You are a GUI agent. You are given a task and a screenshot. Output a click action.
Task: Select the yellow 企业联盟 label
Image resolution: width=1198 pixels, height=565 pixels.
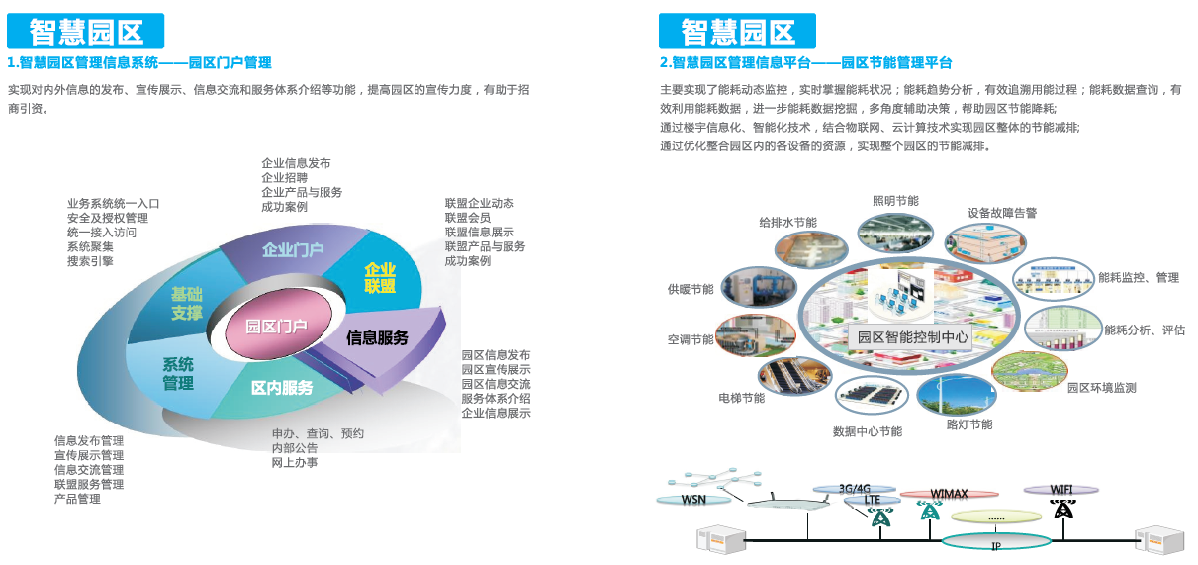380,278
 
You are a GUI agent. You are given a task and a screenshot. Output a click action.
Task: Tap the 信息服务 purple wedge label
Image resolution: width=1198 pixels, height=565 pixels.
377,338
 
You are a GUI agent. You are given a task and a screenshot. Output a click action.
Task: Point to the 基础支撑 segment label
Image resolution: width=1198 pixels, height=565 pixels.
187,303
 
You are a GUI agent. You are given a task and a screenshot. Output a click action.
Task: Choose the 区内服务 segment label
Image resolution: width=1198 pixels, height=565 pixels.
282,388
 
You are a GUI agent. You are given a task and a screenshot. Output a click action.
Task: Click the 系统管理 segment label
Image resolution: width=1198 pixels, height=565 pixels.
178,374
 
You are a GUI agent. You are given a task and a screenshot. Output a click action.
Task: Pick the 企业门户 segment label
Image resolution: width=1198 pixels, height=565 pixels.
293,250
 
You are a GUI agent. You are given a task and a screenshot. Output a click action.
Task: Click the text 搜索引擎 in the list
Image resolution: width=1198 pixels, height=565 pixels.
90,261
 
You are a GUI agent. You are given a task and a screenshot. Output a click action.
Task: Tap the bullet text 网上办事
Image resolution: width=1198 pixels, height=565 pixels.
295,463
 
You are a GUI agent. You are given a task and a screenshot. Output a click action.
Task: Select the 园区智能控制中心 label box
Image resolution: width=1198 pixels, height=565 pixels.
912,337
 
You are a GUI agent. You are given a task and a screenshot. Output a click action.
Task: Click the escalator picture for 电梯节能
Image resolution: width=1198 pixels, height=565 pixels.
795,376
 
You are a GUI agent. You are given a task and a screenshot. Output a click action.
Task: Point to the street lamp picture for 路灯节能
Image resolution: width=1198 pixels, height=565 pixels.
956,396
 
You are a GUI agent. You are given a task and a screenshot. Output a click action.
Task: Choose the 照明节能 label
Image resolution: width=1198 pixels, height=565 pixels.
896,201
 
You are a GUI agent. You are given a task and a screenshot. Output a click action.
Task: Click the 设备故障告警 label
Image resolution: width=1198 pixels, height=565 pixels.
1002,213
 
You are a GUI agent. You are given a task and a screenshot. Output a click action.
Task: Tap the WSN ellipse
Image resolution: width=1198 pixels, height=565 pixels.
693,500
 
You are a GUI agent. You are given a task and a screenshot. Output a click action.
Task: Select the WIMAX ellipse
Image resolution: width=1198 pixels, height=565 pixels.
950,494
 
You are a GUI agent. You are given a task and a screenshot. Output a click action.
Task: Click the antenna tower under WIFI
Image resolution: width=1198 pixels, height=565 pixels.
1063,510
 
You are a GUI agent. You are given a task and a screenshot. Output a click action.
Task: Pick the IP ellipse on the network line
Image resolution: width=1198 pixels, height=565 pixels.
996,542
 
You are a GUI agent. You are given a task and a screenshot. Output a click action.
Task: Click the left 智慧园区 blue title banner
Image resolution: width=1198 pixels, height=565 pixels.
85,31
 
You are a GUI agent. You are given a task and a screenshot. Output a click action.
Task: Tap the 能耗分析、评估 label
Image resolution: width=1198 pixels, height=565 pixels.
1145,330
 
